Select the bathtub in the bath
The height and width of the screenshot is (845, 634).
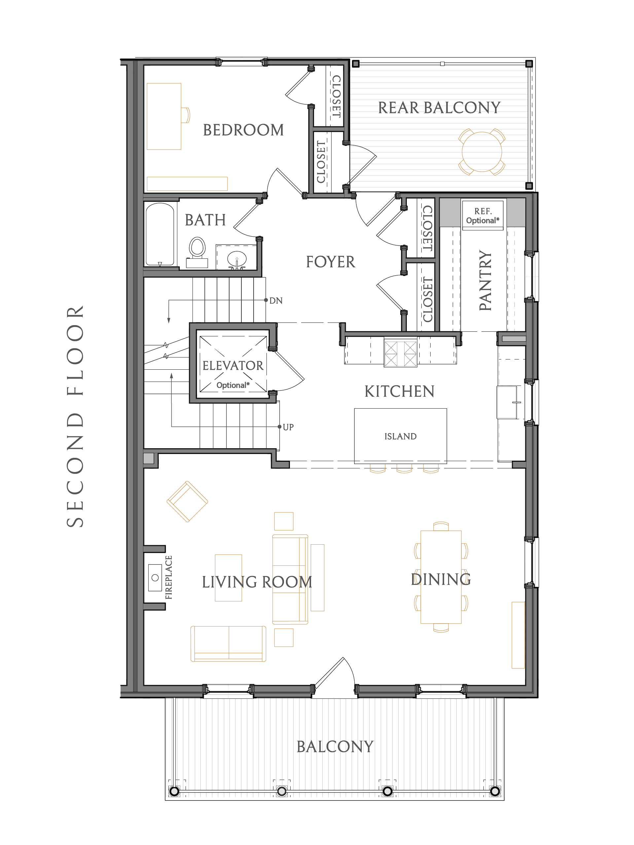click(160, 234)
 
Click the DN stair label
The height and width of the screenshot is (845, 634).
click(276, 301)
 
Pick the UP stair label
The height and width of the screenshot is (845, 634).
click(288, 427)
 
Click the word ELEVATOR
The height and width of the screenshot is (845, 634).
click(233, 366)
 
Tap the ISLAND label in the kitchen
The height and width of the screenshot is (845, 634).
click(401, 436)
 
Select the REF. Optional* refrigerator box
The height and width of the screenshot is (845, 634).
click(483, 216)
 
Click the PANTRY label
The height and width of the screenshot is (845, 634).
click(485, 280)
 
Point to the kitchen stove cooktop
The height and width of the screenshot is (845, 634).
click(401, 353)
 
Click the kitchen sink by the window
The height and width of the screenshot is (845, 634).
click(508, 402)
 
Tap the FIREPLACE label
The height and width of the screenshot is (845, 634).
click(168, 578)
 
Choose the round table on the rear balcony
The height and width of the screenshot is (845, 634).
click(482, 152)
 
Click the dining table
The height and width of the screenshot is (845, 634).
click(441, 577)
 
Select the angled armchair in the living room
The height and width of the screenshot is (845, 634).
click(187, 502)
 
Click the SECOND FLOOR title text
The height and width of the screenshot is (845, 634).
click(75, 416)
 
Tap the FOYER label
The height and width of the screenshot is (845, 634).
click(331, 262)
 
